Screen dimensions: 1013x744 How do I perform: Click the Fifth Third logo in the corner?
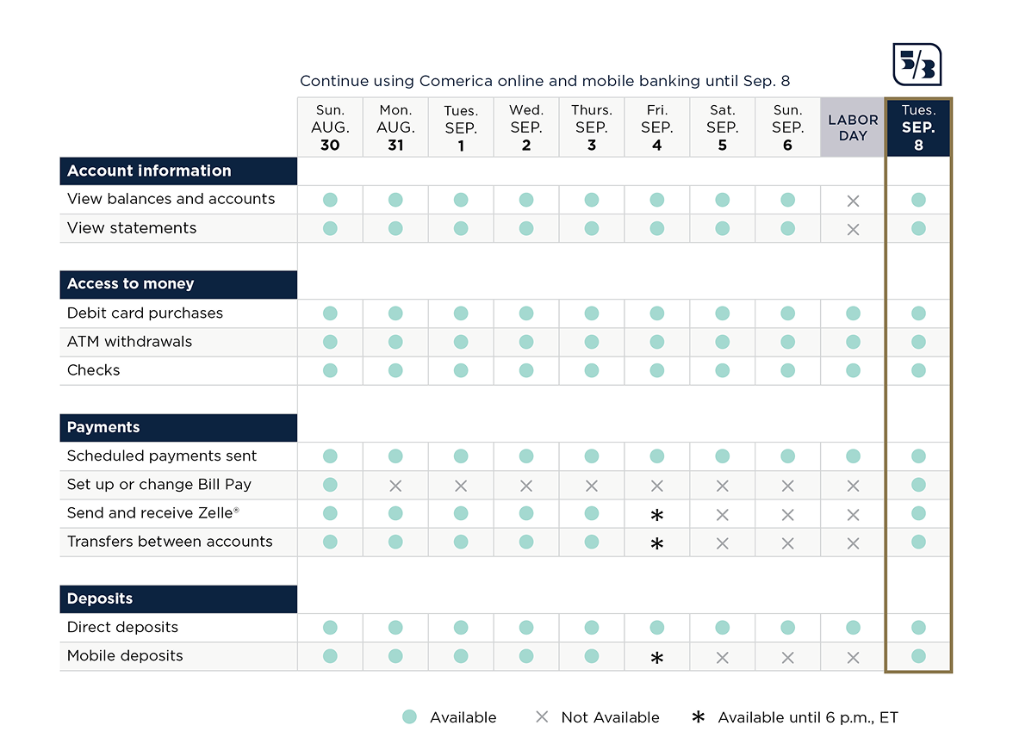(x=917, y=65)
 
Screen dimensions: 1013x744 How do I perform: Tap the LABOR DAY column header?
(x=853, y=127)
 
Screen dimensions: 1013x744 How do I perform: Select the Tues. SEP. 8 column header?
(x=918, y=127)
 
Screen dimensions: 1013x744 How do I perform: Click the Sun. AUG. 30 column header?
(x=330, y=127)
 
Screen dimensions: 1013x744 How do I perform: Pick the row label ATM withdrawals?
(x=129, y=342)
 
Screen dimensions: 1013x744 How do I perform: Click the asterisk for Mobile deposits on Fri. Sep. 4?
(x=657, y=658)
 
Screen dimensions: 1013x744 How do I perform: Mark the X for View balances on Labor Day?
(x=853, y=201)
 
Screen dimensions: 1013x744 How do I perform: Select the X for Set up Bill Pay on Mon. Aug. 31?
(x=395, y=486)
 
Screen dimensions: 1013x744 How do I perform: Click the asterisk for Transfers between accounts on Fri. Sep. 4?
(x=657, y=544)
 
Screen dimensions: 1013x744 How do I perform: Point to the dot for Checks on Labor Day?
(x=853, y=370)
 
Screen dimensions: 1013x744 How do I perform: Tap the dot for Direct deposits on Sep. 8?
(x=918, y=627)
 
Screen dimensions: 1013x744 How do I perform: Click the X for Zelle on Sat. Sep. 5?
(x=722, y=515)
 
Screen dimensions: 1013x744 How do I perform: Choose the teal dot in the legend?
(x=409, y=716)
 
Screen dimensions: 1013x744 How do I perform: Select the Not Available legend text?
(x=610, y=716)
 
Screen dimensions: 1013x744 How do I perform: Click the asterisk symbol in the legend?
(x=699, y=716)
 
